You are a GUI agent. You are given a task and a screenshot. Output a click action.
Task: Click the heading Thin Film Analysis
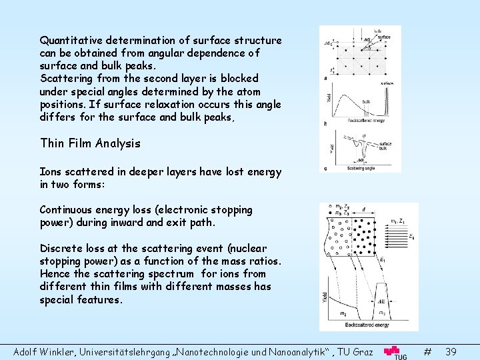90,143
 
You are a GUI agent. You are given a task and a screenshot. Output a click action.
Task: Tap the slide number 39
451,351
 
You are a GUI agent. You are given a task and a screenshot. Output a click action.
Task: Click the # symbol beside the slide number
427,351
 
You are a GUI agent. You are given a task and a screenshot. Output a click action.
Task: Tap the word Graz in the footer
364,351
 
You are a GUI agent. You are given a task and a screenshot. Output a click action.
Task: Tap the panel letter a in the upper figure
325,78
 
